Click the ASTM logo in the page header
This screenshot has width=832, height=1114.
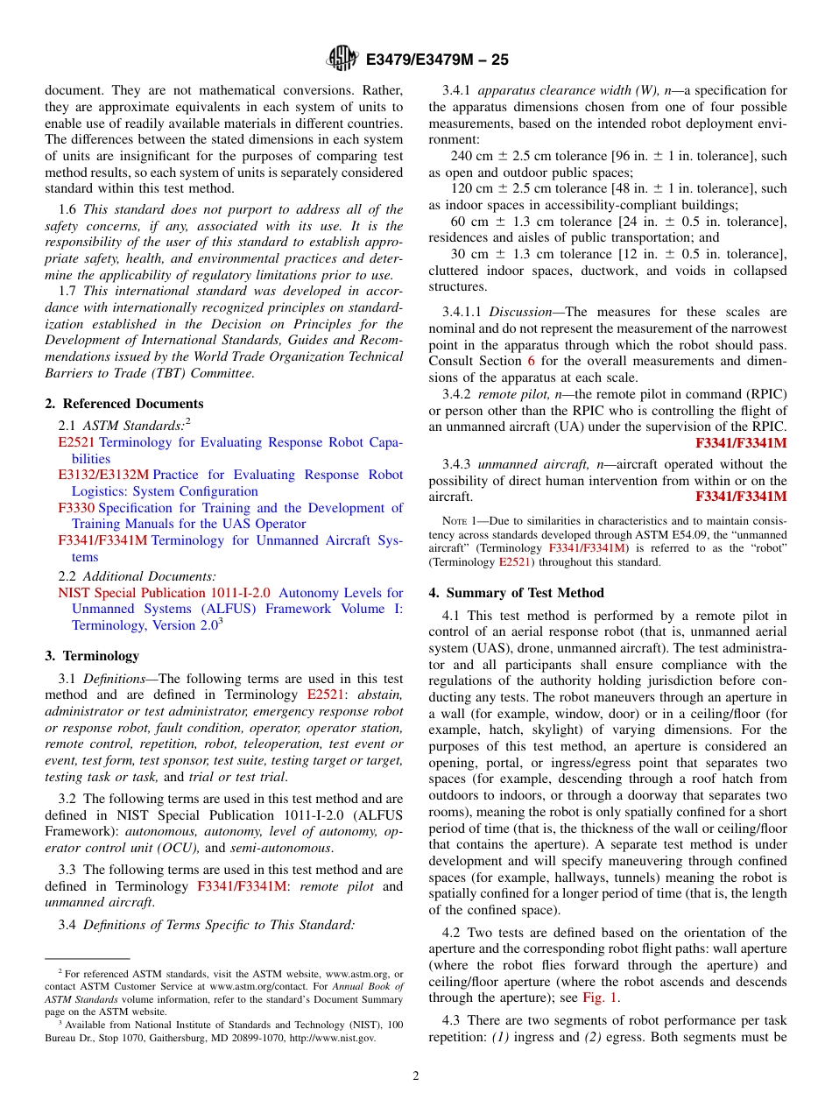pyautogui.click(x=342, y=59)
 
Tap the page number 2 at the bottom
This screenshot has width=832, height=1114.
pyautogui.click(x=416, y=1076)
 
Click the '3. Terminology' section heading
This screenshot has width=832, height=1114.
pyautogui.click(x=92, y=656)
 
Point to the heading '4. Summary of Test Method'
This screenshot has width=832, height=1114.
pyautogui.click(x=516, y=593)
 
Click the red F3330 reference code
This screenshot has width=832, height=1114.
pyautogui.click(x=76, y=508)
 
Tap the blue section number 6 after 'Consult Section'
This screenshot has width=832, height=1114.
pyautogui.click(x=530, y=361)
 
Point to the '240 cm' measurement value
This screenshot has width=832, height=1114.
pyautogui.click(x=471, y=156)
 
